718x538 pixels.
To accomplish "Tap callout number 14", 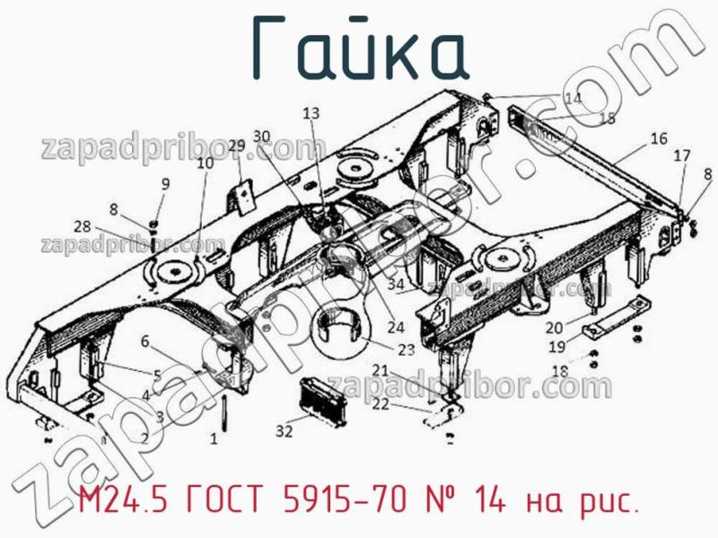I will click(x=573, y=98).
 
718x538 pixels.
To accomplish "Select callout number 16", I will click(x=659, y=139).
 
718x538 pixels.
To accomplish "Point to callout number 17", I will click(x=682, y=155).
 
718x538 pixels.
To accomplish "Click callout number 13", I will click(x=311, y=113).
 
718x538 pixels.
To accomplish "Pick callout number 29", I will click(x=237, y=146).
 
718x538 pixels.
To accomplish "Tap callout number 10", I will click(x=206, y=163).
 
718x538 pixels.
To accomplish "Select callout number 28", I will click(x=83, y=225).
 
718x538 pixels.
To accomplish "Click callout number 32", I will click(x=285, y=431).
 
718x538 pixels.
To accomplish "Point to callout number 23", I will click(x=407, y=350).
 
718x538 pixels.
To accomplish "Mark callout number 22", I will click(x=381, y=403).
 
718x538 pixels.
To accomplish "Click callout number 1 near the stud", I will click(x=214, y=439).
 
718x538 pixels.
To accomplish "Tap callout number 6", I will click(x=144, y=340).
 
